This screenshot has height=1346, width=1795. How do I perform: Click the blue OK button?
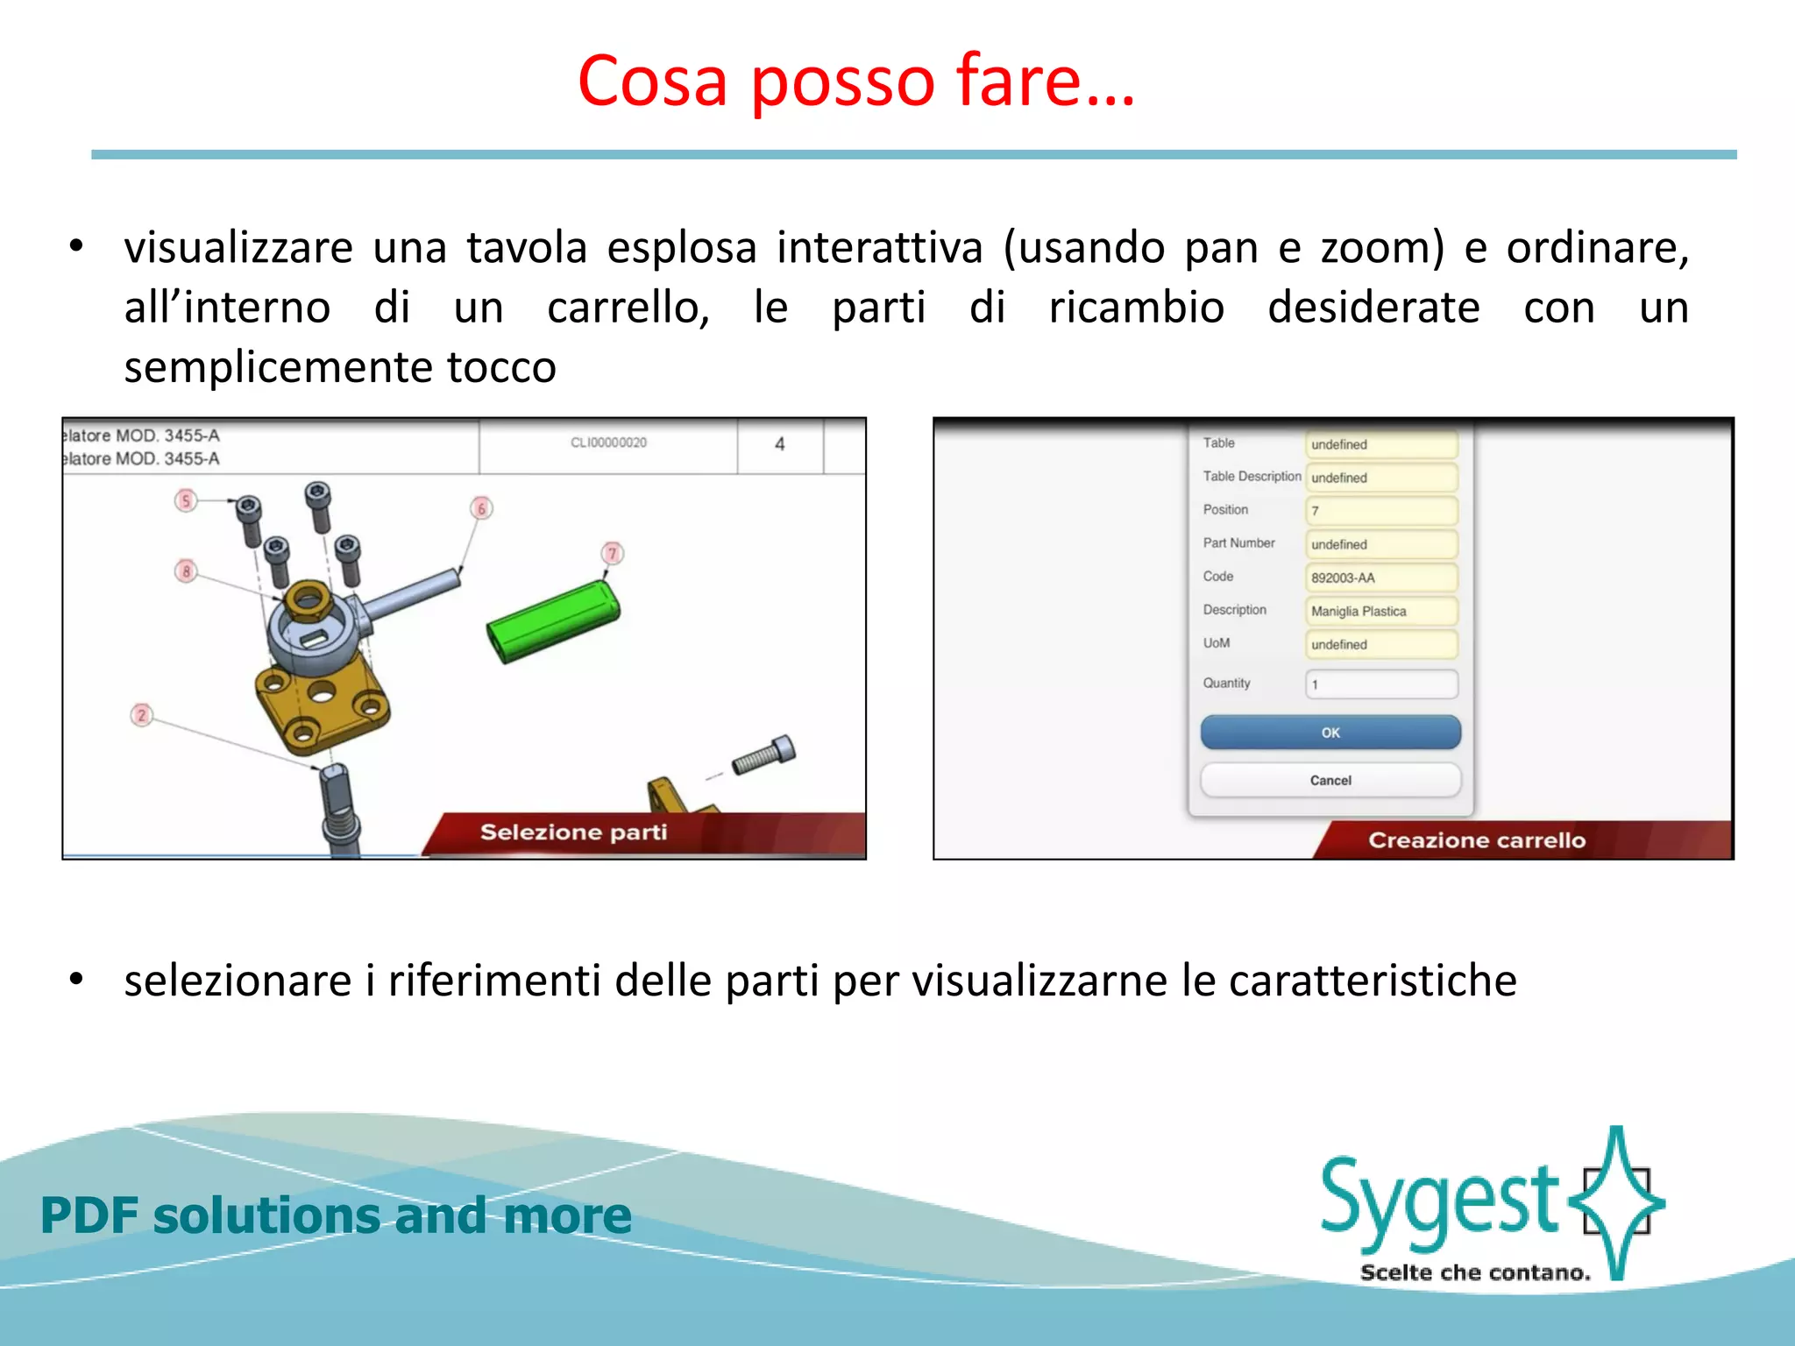[x=1330, y=732]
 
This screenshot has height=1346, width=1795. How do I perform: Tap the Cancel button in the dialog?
[x=1330, y=780]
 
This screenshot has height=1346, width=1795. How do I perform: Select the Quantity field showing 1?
[x=1381, y=684]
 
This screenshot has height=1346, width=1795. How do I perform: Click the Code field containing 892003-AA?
[x=1381, y=577]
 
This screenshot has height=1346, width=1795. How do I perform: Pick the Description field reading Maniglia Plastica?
[x=1381, y=611]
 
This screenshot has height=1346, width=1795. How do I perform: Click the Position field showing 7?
[x=1381, y=511]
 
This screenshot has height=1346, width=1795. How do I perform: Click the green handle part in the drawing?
[x=553, y=621]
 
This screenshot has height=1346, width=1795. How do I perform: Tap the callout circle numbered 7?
[x=613, y=553]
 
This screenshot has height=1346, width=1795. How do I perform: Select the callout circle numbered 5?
[x=185, y=500]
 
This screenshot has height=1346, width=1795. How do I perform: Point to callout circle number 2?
[x=142, y=714]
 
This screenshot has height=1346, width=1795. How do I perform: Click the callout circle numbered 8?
[x=185, y=571]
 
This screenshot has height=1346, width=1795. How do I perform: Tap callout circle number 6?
[x=481, y=508]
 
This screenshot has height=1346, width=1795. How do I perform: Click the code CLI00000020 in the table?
[x=608, y=443]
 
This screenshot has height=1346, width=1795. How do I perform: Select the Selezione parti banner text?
[x=573, y=832]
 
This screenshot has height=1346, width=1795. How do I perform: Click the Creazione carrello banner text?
[x=1477, y=840]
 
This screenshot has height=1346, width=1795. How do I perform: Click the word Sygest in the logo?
[x=1437, y=1201]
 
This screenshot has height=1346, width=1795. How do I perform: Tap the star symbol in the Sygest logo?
[x=1617, y=1201]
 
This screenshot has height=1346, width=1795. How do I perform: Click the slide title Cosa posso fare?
[x=855, y=81]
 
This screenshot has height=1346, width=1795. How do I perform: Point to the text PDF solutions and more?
[x=336, y=1215]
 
